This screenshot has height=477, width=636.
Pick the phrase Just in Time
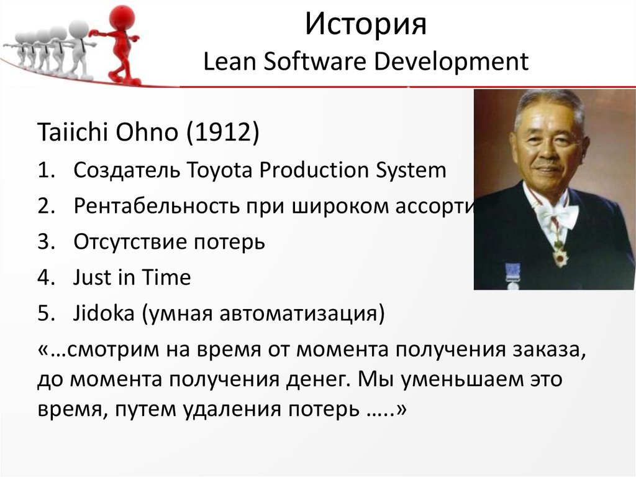click(132, 278)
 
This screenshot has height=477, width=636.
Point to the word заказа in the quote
click(547, 350)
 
